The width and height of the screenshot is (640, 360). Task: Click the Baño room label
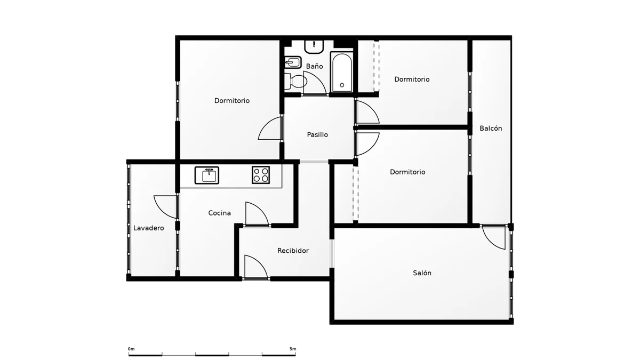[314, 66]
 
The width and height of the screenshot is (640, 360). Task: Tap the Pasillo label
[317, 134]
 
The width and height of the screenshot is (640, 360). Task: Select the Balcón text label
[491, 129]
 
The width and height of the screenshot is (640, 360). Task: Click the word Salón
[422, 273]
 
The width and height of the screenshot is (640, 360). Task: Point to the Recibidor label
[293, 251]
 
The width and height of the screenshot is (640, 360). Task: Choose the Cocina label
[219, 213]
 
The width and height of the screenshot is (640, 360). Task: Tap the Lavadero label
[149, 228]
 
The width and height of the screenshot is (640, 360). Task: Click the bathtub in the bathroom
[342, 72]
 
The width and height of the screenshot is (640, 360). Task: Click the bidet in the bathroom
[293, 62]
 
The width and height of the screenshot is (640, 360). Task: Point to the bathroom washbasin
[314, 46]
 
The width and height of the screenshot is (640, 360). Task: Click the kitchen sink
[207, 175]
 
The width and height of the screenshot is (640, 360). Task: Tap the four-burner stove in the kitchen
[261, 175]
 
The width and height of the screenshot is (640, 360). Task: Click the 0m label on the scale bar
[131, 349]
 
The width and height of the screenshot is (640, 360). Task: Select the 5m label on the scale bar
[293, 349]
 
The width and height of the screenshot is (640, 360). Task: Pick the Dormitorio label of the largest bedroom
[231, 101]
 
